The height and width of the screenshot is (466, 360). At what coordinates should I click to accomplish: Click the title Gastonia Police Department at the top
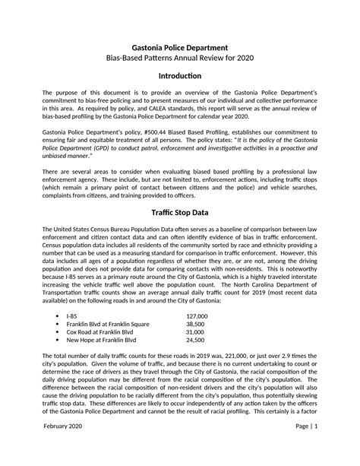click(179, 47)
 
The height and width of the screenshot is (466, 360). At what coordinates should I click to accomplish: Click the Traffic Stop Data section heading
click(179, 212)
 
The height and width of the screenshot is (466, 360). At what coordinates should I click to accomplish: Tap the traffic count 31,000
click(197, 332)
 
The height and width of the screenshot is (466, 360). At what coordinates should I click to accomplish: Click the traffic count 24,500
click(197, 341)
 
